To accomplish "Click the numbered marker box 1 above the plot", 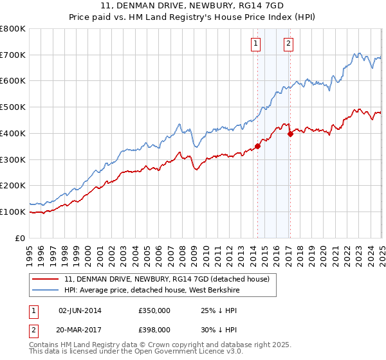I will (x=256, y=44).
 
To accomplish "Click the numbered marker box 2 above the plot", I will (x=288, y=44).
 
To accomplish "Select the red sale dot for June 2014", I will (x=257, y=146).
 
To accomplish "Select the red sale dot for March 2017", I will (x=290, y=134).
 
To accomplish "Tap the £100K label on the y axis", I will (x=13, y=212).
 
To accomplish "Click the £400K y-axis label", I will (x=13, y=133).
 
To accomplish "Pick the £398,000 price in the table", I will (x=154, y=329).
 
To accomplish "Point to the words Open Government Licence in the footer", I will (x=184, y=353).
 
